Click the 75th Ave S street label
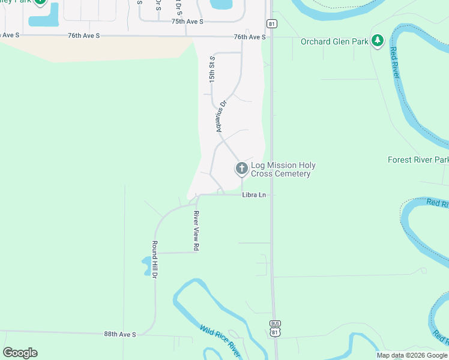187,21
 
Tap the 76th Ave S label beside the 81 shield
249,37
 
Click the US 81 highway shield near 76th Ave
272,23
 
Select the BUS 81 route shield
274,328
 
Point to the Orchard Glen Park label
334,41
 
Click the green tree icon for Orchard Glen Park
377,40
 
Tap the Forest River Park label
418,160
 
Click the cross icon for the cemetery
241,169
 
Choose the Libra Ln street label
254,195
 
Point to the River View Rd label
196,230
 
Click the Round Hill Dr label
154,259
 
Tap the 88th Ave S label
120,334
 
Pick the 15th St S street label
211,70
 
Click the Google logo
20,353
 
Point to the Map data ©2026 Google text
412,355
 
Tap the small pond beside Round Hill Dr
146,265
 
